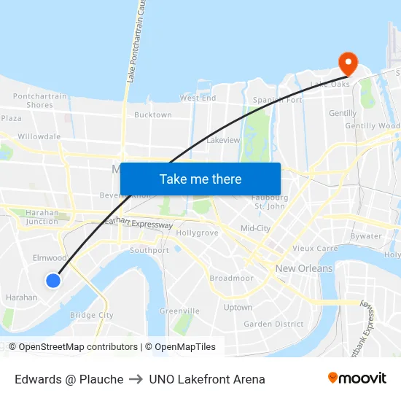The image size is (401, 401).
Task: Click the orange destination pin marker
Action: pos(347,63)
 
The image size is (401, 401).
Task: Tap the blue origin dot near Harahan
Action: pos(53,280)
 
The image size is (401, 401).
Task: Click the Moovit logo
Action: pos(357,378)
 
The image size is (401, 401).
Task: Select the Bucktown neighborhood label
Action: pos(153,115)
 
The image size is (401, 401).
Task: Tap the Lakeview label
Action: pos(223,140)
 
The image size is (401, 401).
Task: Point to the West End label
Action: pos(198,98)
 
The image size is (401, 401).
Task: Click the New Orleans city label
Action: pos(304,268)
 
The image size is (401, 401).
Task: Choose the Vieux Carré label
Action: pos(315,248)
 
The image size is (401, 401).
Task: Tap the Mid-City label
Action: pos(255,228)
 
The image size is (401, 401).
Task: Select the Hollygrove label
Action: pos(197,233)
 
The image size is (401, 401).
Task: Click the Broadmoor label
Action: pos(231,279)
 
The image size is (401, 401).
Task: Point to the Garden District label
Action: pos(273,324)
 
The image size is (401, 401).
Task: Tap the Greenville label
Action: pos(179,311)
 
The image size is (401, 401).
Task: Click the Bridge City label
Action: pos(91,315)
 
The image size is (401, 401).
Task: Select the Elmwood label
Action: pos(50,258)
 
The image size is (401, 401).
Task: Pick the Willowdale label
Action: pos(39,136)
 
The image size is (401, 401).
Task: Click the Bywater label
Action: pos(365,236)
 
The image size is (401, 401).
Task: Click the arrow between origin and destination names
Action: pos(136,379)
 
